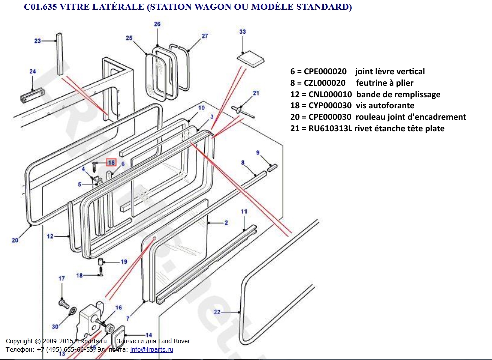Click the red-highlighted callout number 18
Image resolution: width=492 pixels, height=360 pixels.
point(111,162)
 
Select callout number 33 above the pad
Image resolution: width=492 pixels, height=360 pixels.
point(243,32)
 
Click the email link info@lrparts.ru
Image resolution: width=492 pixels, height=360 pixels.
point(152,349)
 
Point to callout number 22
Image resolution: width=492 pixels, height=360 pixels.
point(217,312)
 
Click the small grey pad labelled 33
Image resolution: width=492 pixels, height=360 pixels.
point(251,59)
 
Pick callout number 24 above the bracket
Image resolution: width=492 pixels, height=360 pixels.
point(33,72)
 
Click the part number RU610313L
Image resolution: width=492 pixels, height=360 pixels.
point(330,129)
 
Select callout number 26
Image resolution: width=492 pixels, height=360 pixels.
point(157,24)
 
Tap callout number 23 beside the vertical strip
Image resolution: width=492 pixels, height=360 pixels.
point(37,41)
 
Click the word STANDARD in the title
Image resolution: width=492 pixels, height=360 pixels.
point(325,7)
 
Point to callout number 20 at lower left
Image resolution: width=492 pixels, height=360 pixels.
point(15,240)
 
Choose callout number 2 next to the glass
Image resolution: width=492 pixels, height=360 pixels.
point(226,223)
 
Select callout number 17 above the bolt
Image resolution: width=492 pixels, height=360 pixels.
point(62,279)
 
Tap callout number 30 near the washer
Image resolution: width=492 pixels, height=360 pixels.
point(55,326)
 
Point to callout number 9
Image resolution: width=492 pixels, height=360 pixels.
point(258,153)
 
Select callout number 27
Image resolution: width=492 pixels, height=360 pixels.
point(204,36)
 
